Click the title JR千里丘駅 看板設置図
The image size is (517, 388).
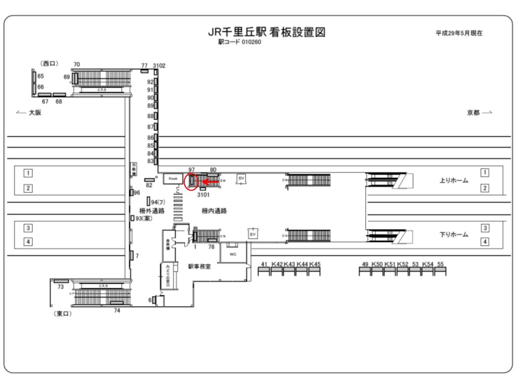[267, 32]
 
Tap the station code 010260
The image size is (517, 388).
[239, 42]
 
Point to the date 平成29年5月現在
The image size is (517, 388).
[459, 33]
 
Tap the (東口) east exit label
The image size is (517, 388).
[63, 314]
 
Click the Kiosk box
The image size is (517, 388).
[172, 178]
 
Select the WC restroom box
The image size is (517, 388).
[233, 253]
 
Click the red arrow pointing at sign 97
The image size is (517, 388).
[210, 183]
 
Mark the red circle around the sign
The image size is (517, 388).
[192, 182]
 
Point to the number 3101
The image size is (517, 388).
[203, 195]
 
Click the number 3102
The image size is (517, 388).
[159, 66]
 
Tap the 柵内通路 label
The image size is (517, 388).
[214, 211]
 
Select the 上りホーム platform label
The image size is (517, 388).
[453, 181]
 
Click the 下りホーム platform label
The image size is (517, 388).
[453, 235]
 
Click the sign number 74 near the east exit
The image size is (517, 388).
[117, 310]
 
